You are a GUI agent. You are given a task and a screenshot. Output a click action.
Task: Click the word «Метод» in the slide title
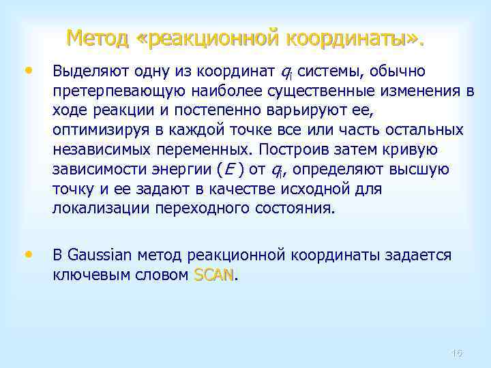click(x=98, y=38)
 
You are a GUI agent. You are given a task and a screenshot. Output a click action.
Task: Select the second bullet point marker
click(x=28, y=254)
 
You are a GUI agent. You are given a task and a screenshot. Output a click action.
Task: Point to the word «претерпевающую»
click(x=111, y=92)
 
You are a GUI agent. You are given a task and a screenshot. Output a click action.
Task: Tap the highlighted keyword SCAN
click(x=213, y=275)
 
